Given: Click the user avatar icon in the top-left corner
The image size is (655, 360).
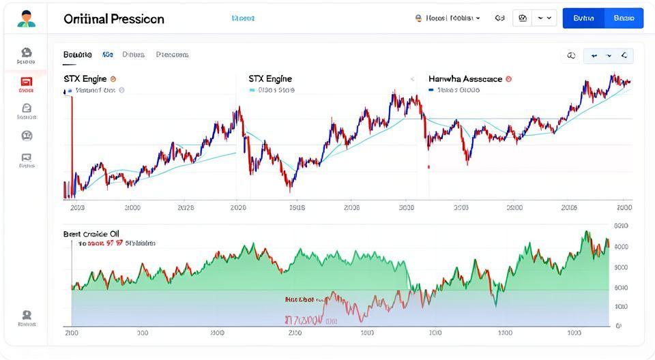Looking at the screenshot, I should pos(26,18).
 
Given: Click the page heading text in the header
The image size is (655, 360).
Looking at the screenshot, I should pos(114,19).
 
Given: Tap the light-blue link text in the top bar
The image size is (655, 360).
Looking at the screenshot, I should pos(243,18).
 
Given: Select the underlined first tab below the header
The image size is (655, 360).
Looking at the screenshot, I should pos(78,55).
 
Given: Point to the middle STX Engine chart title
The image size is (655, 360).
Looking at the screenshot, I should pos(270,79).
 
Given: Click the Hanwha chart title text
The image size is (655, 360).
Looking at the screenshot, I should pos(465,79).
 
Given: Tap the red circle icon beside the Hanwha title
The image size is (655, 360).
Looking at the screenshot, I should pos(509,79).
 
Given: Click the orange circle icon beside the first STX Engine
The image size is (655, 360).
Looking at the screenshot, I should pos(113,79).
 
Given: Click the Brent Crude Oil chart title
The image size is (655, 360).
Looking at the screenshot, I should pos(91,234).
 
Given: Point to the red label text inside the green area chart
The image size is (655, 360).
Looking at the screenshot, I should pos(300,299).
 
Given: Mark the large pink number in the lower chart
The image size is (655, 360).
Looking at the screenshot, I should pos(303,319).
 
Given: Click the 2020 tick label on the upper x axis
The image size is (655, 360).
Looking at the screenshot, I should pos(238,207).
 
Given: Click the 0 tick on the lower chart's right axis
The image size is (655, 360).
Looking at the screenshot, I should pos(619,326).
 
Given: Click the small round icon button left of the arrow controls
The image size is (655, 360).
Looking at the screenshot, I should pos(571,56).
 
